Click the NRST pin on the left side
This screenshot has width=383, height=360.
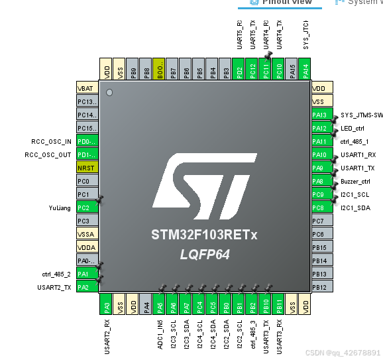[87, 168]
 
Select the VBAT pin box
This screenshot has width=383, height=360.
[87, 88]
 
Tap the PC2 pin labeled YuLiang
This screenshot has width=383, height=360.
[87, 208]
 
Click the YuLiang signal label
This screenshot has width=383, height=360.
[59, 208]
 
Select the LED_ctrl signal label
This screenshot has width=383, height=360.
[352, 128]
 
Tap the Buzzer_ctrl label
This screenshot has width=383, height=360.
[355, 181]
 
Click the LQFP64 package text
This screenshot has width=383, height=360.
[205, 254]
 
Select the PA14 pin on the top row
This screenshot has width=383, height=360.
[305, 69]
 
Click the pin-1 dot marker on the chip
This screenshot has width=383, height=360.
[109, 92]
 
